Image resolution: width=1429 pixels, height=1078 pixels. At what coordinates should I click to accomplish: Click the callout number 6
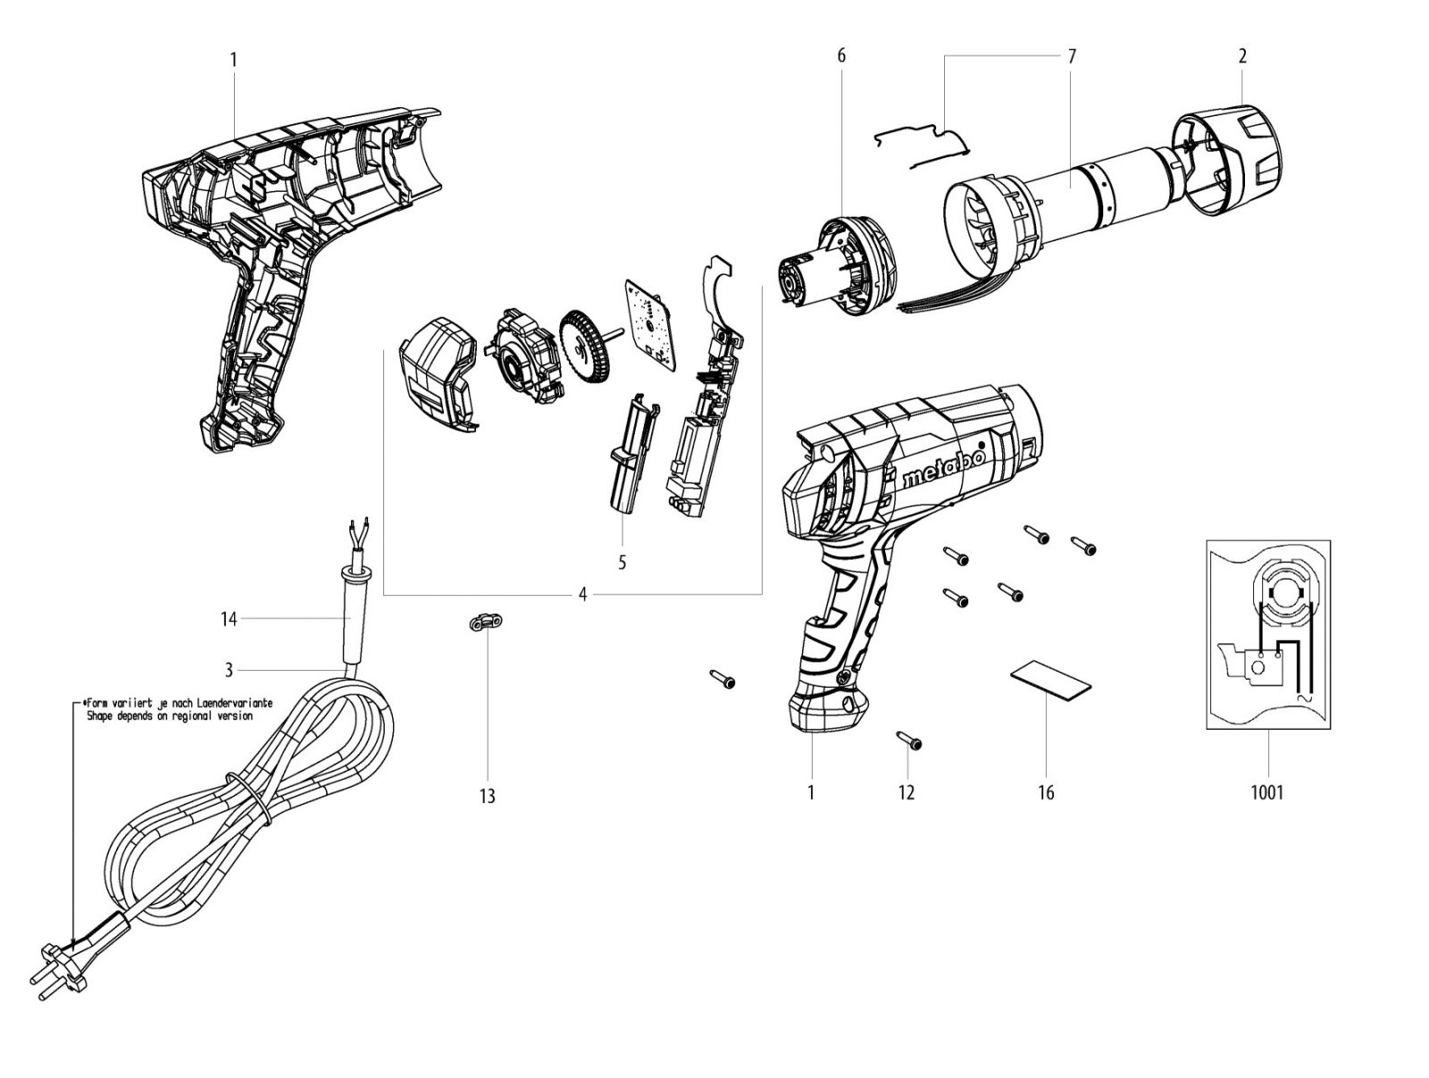(x=841, y=56)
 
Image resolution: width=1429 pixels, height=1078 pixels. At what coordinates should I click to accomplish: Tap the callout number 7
(x=1072, y=56)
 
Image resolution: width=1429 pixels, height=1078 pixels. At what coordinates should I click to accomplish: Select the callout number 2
(x=1242, y=56)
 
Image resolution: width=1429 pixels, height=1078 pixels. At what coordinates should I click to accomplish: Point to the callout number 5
(x=623, y=562)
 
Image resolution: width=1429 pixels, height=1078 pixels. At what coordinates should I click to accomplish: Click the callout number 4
(x=582, y=594)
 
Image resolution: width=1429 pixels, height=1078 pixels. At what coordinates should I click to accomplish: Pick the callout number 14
(x=229, y=618)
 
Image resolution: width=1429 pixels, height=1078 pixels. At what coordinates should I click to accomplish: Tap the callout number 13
(x=487, y=796)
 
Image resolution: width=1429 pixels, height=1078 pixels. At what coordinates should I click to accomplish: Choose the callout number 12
(x=907, y=792)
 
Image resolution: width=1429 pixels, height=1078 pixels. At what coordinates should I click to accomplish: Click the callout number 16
(x=1046, y=792)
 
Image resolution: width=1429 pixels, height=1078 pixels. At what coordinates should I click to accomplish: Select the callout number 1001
(x=1266, y=792)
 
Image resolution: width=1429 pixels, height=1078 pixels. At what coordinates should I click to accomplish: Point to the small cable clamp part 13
(x=486, y=623)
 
